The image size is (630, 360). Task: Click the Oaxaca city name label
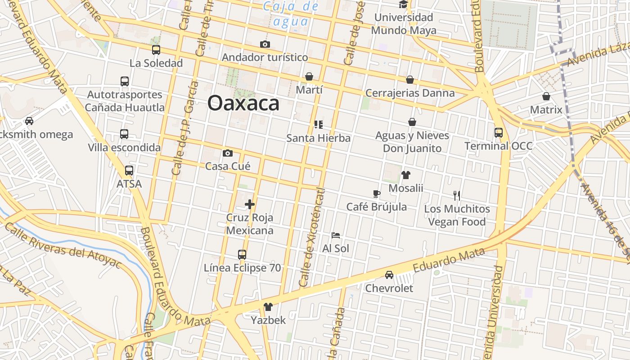[243, 103]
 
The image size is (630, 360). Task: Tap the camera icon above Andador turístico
[265, 44]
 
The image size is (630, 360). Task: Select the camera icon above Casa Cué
[228, 153]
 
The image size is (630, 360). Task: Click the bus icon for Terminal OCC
[499, 132]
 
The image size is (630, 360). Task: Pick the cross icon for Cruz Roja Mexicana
[250, 204]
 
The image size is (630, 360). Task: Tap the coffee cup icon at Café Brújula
[377, 193]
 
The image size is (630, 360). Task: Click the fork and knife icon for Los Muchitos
[457, 195]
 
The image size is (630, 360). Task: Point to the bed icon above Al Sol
[336, 235]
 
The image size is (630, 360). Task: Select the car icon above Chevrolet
[389, 274]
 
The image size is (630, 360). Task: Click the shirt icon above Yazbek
[268, 307]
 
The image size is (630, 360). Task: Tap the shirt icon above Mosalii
[406, 175]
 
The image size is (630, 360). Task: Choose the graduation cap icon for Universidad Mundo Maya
[403, 4]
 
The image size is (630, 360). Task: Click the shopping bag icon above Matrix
[546, 96]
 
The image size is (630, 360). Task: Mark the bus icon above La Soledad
[156, 50]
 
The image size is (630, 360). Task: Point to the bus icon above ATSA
[129, 171]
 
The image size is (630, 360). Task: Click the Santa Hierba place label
[319, 138]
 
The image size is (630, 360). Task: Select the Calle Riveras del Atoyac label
[63, 245]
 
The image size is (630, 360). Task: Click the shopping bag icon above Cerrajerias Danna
[410, 80]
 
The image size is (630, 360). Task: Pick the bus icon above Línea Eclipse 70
[242, 255]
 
